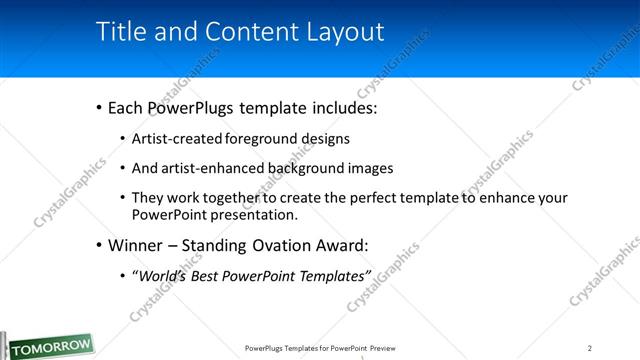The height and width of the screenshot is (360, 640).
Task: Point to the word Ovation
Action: (264, 245)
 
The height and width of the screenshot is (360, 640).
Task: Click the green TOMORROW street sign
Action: (47, 345)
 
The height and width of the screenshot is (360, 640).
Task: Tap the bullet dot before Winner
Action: (98, 246)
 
